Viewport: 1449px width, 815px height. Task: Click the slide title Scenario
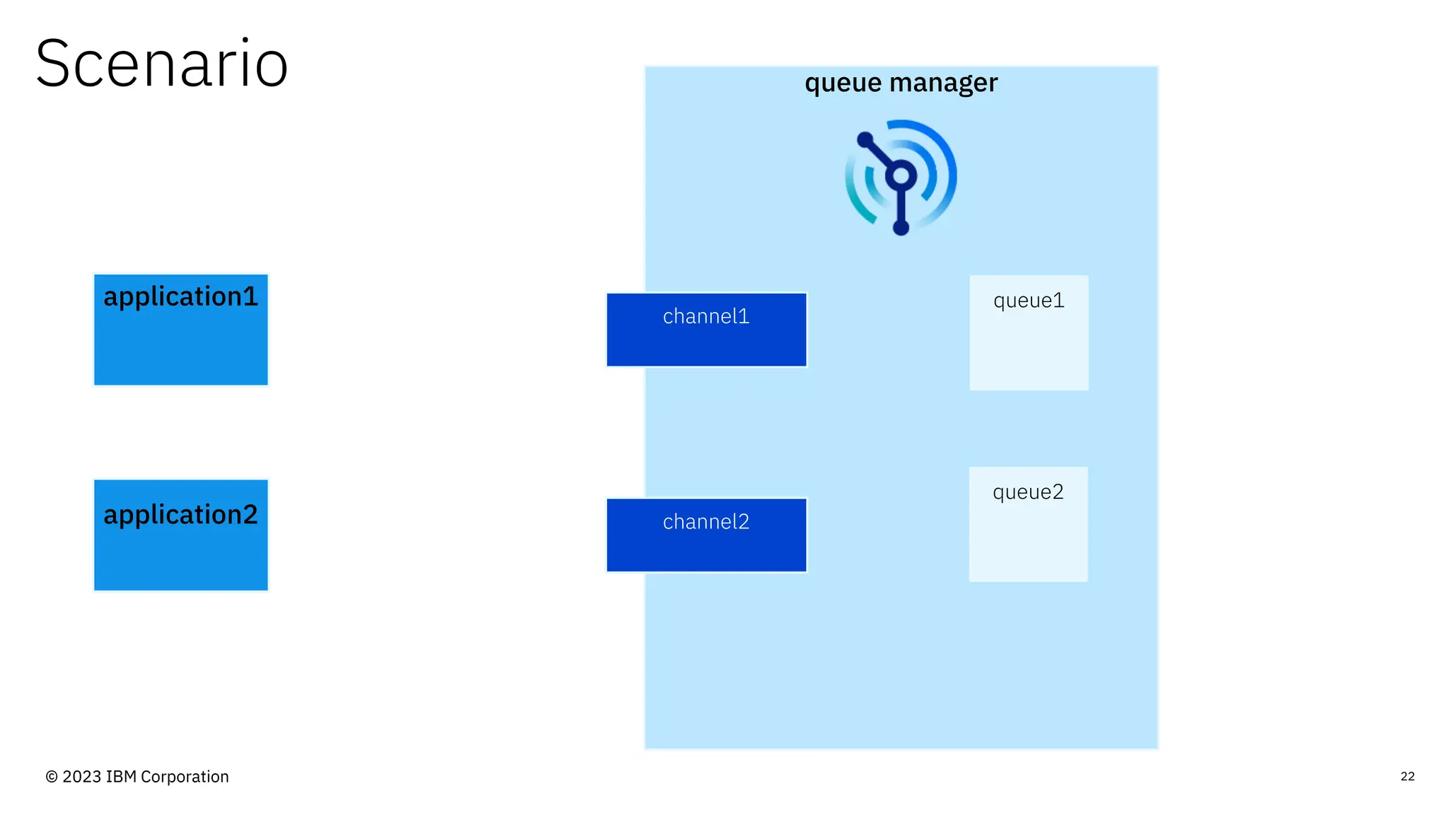[161, 64]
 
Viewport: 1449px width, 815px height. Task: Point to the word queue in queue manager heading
[843, 83]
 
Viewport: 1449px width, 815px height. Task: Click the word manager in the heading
[944, 83]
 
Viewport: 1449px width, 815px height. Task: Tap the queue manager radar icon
[901, 177]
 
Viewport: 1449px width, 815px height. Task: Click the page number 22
[1407, 776]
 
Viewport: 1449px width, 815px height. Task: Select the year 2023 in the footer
[82, 777]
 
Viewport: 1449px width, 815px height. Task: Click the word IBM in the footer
[121, 777]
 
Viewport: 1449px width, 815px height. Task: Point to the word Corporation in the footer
[185, 777]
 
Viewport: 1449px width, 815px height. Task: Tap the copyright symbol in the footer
[52, 777]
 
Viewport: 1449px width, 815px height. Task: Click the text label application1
[180, 296]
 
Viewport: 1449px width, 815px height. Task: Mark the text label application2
[180, 514]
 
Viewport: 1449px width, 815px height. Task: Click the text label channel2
[706, 522]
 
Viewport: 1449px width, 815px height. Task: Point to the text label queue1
[1029, 301]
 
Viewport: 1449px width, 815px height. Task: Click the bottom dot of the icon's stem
[901, 227]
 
